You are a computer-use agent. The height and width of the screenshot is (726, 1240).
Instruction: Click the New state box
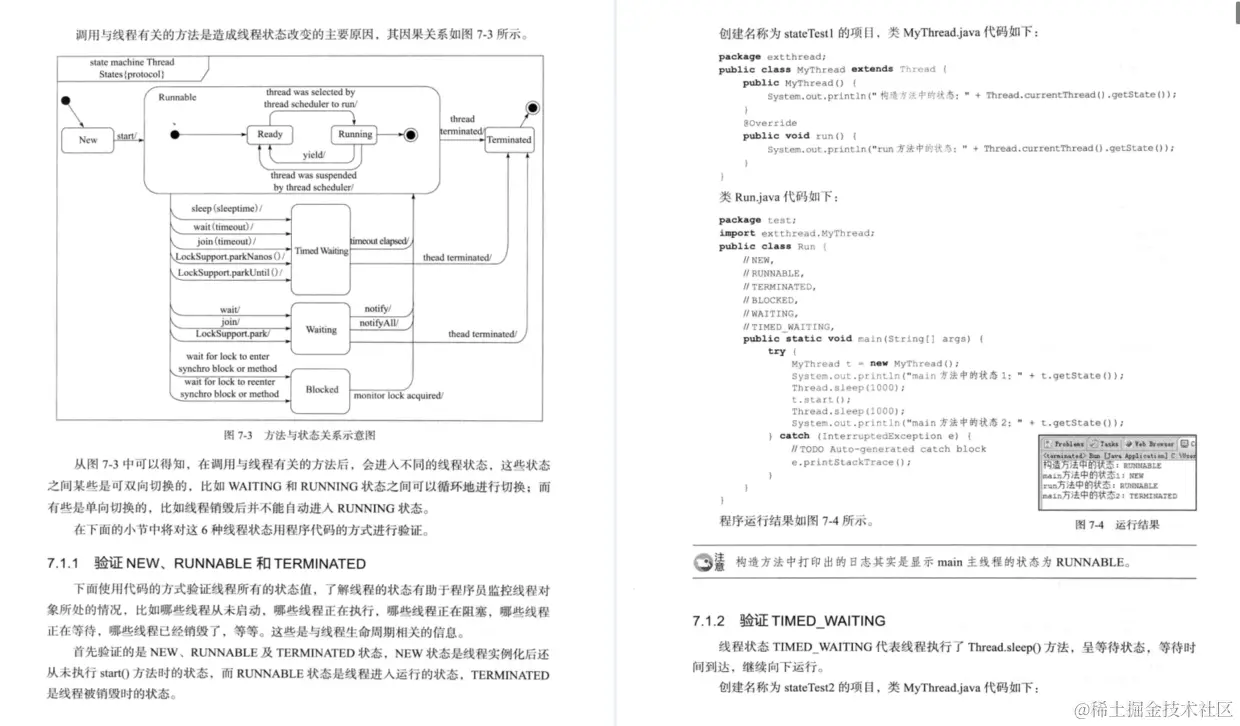pos(88,140)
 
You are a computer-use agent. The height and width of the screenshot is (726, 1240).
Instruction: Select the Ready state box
pos(270,135)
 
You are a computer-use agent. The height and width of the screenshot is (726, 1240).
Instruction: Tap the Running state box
pos(355,135)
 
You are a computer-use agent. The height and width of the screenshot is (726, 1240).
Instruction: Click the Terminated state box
pos(509,140)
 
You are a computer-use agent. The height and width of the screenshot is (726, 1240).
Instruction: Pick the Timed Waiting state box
pos(321,250)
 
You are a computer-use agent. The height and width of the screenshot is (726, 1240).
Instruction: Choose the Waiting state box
pos(321,329)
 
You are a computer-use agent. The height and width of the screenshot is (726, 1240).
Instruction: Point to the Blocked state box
pos(321,389)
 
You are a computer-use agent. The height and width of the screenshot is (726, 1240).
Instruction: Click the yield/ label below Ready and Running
pos(313,155)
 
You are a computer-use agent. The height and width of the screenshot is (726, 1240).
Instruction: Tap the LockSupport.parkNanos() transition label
pos(229,257)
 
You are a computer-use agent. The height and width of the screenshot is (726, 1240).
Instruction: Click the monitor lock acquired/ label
pos(399,396)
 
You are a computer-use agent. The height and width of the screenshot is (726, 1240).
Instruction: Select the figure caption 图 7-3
pos(237,436)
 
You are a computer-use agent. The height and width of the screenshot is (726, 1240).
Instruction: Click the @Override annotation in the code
pos(769,123)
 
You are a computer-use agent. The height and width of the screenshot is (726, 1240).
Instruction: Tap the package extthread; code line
pos(754,57)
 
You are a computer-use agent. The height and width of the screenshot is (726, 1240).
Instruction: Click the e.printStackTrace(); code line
pos(852,463)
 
